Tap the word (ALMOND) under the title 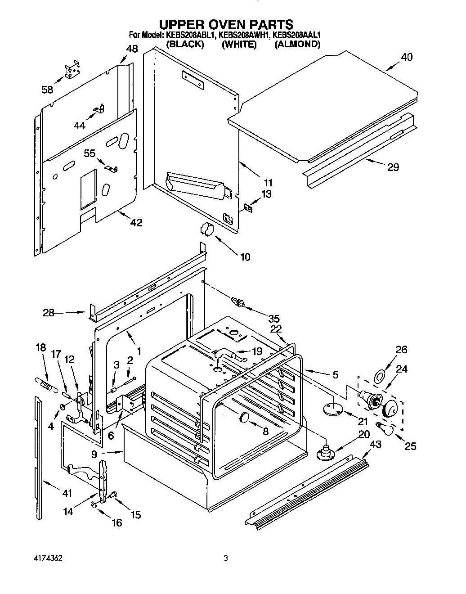(x=297, y=44)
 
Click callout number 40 (x=406, y=57)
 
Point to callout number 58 (x=47, y=90)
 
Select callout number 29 (x=393, y=167)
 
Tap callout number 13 (x=267, y=194)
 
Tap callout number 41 (x=67, y=493)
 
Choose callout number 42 (x=136, y=222)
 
